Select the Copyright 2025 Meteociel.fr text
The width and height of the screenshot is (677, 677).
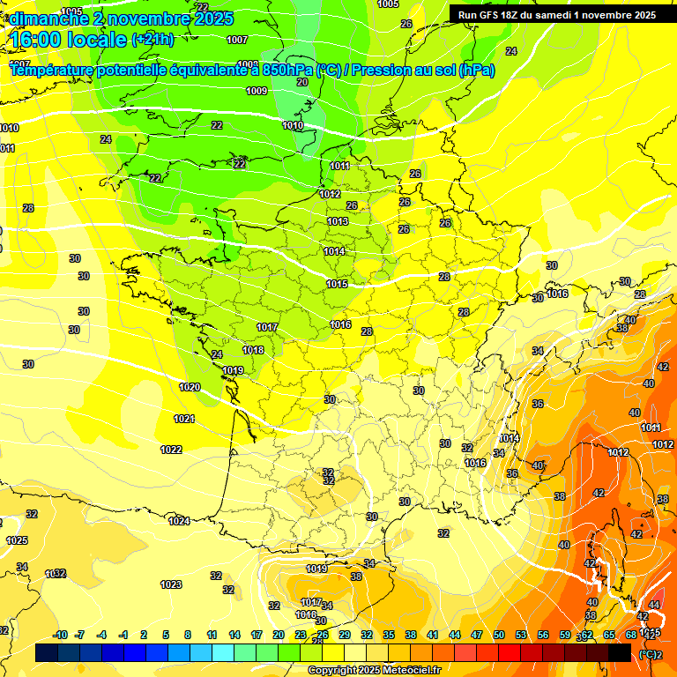[374, 670]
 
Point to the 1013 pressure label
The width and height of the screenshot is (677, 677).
[337, 221]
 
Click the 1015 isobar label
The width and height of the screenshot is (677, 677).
[337, 284]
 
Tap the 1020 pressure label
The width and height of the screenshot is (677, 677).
[189, 387]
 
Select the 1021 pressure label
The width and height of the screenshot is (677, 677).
[184, 419]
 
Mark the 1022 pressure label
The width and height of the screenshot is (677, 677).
[171, 450]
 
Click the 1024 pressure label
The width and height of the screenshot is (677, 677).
[179, 521]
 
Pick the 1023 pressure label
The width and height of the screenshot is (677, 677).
[171, 584]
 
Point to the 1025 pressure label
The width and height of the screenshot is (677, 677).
[17, 540]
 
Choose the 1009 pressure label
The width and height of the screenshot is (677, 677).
[257, 91]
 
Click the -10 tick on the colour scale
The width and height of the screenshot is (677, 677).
[60, 635]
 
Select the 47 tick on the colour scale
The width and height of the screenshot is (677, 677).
[477, 635]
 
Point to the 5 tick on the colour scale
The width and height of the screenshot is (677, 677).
[166, 635]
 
